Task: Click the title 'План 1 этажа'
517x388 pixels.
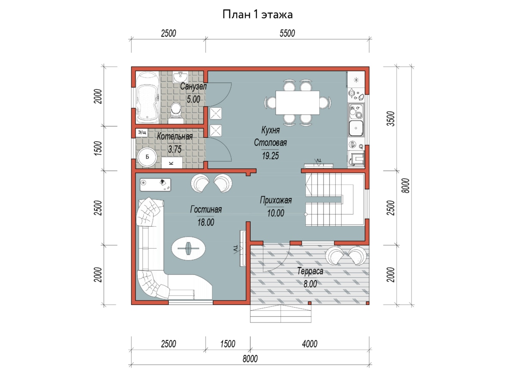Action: coord(258,15)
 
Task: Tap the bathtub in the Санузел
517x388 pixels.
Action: coord(147,97)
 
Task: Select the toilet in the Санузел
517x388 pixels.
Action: coord(175,113)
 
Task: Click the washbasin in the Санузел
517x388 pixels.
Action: coord(181,77)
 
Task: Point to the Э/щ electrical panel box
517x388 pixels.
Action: coord(142,133)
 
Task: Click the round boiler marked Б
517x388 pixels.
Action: coord(147,157)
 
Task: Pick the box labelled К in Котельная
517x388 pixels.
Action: coord(172,163)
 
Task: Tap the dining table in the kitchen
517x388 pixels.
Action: coord(297,103)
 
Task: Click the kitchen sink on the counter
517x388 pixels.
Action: coord(356,128)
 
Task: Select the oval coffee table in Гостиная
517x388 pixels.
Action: coord(188,248)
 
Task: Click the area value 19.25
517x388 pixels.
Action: coord(271,156)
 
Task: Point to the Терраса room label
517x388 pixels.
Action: coord(310,271)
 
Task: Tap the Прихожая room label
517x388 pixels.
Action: coord(276,200)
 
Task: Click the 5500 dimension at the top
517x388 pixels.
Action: coord(287,34)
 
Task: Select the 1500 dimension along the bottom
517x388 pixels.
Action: coord(227,344)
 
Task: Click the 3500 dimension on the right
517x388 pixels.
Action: coord(391,119)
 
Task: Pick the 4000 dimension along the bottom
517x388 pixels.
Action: coord(309,344)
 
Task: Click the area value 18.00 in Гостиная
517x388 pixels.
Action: coord(206,222)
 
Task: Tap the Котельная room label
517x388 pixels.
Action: coord(175,136)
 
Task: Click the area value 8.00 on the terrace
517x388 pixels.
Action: coord(310,284)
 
